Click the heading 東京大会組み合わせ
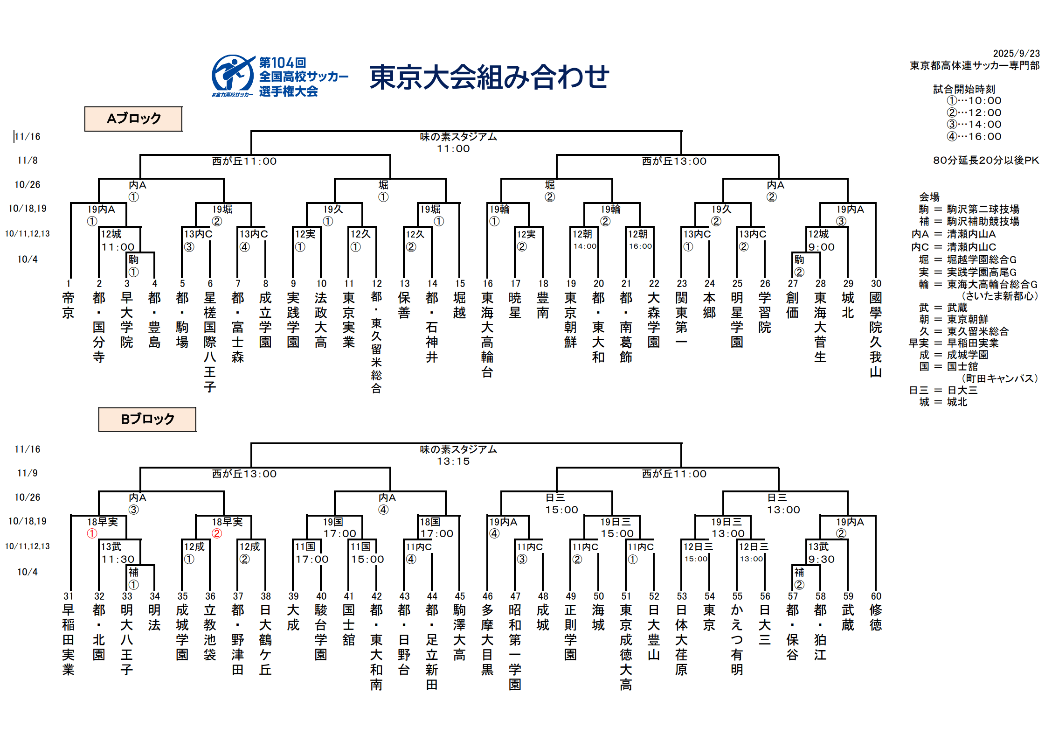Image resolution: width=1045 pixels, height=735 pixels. click(x=489, y=77)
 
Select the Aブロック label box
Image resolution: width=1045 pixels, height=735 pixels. click(x=133, y=119)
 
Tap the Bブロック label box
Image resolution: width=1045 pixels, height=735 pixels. click(x=147, y=419)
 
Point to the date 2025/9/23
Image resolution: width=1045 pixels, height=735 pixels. click(x=1016, y=54)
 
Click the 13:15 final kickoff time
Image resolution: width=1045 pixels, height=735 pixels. click(x=453, y=462)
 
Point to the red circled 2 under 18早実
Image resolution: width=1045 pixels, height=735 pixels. click(x=216, y=533)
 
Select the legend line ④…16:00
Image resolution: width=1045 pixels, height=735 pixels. click(x=974, y=137)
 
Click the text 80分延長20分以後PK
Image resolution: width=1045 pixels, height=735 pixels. click(x=986, y=161)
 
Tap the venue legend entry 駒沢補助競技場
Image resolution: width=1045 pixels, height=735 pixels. click(x=983, y=221)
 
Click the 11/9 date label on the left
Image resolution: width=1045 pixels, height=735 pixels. click(x=28, y=473)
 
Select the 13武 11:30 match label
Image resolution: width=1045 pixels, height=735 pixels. click(x=118, y=553)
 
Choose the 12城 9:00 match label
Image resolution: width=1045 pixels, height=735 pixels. click(x=821, y=240)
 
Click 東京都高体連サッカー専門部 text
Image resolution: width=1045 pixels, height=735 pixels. click(x=974, y=66)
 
